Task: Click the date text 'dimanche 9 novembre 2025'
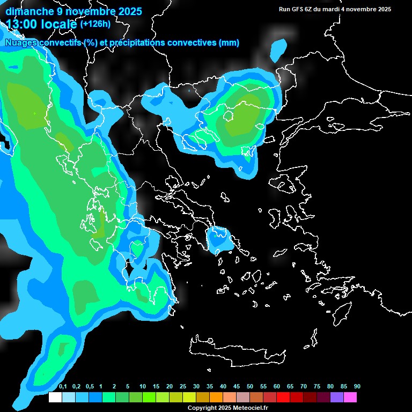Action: pyautogui.click(x=73, y=11)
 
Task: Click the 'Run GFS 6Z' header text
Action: pyautogui.click(x=301, y=9)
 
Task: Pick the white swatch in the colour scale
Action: pyautogui.click(x=55, y=398)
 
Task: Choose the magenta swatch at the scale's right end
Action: pyautogui.click(x=350, y=398)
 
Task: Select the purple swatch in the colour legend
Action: pyautogui.click(x=337, y=398)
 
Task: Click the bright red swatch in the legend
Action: pyautogui.click(x=283, y=398)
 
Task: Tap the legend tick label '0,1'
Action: pyautogui.click(x=63, y=387)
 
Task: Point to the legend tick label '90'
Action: pyautogui.click(x=357, y=387)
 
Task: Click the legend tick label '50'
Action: pyautogui.click(x=250, y=387)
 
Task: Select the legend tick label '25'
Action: pyautogui.click(x=183, y=387)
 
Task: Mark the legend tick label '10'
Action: pyautogui.click(x=143, y=387)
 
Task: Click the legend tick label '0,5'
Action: pyautogui.click(x=90, y=387)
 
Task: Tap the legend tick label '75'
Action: pyautogui.click(x=317, y=387)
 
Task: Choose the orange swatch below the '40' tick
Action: pyautogui.click(x=216, y=398)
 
